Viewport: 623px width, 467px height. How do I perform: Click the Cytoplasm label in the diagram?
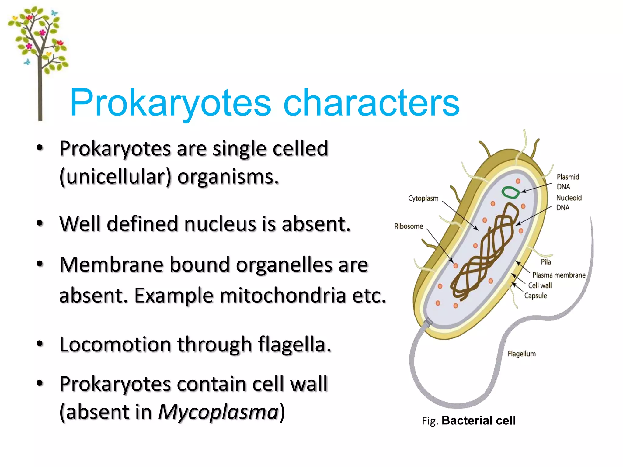423,199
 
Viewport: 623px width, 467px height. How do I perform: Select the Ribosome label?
409,227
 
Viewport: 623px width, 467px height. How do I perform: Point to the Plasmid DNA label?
568,182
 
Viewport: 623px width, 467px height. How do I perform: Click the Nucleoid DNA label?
569,203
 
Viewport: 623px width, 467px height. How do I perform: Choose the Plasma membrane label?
559,275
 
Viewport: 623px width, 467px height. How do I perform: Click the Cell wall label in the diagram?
540,285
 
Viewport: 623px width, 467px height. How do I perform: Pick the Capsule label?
535,296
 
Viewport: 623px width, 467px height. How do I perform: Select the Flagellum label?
521,354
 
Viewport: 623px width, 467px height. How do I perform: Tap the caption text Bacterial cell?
479,421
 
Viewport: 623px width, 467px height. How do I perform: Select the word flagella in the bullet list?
294,345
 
